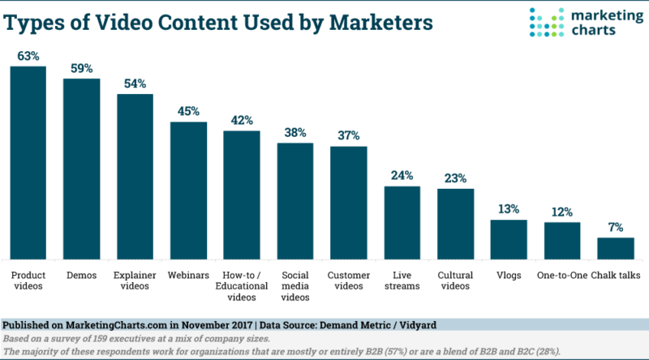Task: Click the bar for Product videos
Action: click(x=28, y=163)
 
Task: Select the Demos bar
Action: click(x=82, y=169)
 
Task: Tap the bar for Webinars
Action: click(x=188, y=191)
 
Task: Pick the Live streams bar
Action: click(x=402, y=223)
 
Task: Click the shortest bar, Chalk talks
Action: click(x=616, y=249)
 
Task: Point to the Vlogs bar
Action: click(x=509, y=239)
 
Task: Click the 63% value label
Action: click(x=28, y=56)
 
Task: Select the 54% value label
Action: click(x=135, y=84)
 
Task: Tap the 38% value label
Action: click(x=295, y=133)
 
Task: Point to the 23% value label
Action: click(x=455, y=178)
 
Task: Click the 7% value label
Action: click(x=616, y=227)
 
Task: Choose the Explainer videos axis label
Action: click(x=135, y=281)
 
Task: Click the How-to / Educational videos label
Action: click(x=242, y=286)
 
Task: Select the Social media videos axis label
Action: click(x=295, y=286)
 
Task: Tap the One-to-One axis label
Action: click(x=562, y=275)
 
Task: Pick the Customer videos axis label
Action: click(x=349, y=281)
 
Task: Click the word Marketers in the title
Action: click(x=380, y=23)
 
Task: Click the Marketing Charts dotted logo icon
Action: click(x=546, y=22)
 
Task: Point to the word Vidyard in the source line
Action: click(x=418, y=325)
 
